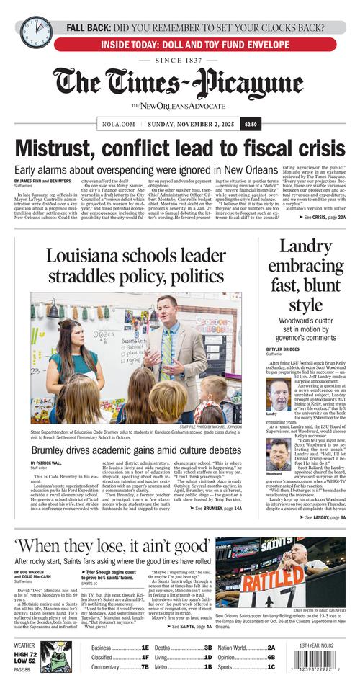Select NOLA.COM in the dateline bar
point(115,124)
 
